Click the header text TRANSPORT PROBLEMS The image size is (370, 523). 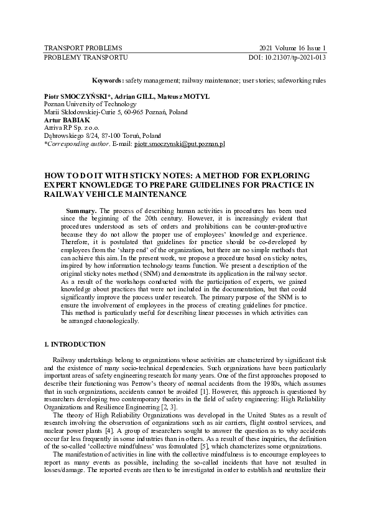pyautogui.click(x=83, y=48)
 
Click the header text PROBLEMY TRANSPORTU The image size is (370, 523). pyautogui.click(x=86, y=57)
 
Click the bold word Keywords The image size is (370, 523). pyautogui.click(x=107, y=80)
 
